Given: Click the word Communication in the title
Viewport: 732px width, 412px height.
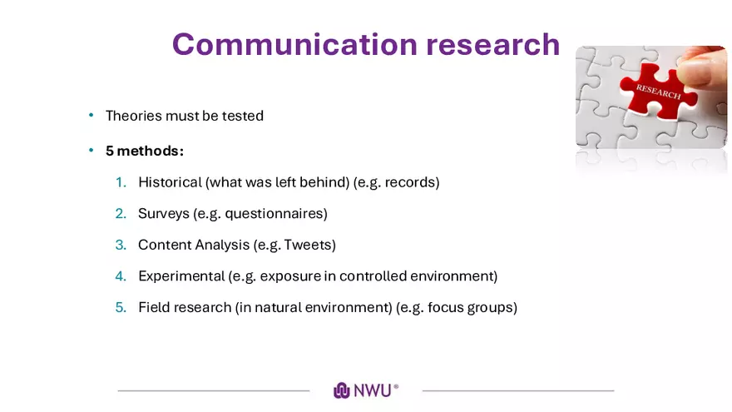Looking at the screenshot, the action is (x=294, y=44).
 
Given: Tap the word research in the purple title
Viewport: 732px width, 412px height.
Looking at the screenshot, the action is (x=493, y=44).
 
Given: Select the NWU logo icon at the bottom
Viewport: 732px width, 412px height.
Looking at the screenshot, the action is (x=342, y=390).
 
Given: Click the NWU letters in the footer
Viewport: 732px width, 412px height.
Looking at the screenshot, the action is (x=373, y=390).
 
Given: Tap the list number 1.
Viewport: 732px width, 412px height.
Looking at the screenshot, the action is (x=121, y=182).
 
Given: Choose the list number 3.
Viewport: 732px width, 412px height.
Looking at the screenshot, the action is (x=121, y=245).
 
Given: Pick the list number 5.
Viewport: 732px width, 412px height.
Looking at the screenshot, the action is (x=121, y=307).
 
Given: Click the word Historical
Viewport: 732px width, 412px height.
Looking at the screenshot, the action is (x=170, y=182).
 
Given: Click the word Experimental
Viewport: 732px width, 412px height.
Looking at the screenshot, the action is (x=181, y=276).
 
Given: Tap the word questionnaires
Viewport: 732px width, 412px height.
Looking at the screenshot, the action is (x=276, y=214).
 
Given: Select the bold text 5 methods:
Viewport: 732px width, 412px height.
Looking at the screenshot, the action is (x=145, y=151).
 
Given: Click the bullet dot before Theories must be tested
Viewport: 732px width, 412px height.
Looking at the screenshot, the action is (x=91, y=115).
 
